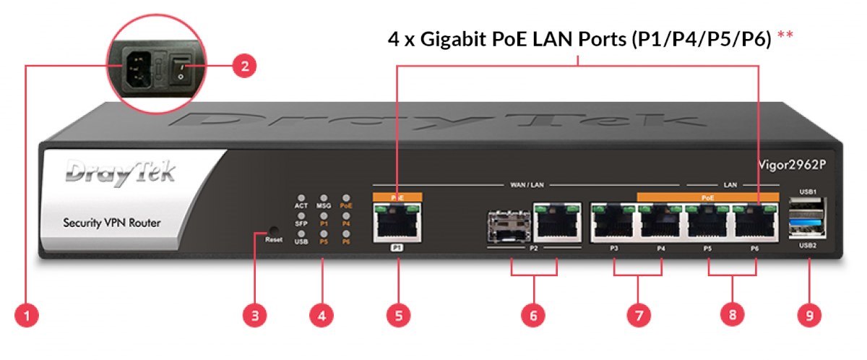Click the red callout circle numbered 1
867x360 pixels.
27,315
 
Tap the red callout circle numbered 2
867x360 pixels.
244,67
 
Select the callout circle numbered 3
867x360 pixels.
255,315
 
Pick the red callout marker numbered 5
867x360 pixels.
398,315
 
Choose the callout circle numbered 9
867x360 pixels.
809,315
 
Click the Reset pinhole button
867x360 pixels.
259,233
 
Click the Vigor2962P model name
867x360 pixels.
791,164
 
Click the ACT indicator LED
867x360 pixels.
301,197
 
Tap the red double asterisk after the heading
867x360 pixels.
785,38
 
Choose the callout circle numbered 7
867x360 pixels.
638,315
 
